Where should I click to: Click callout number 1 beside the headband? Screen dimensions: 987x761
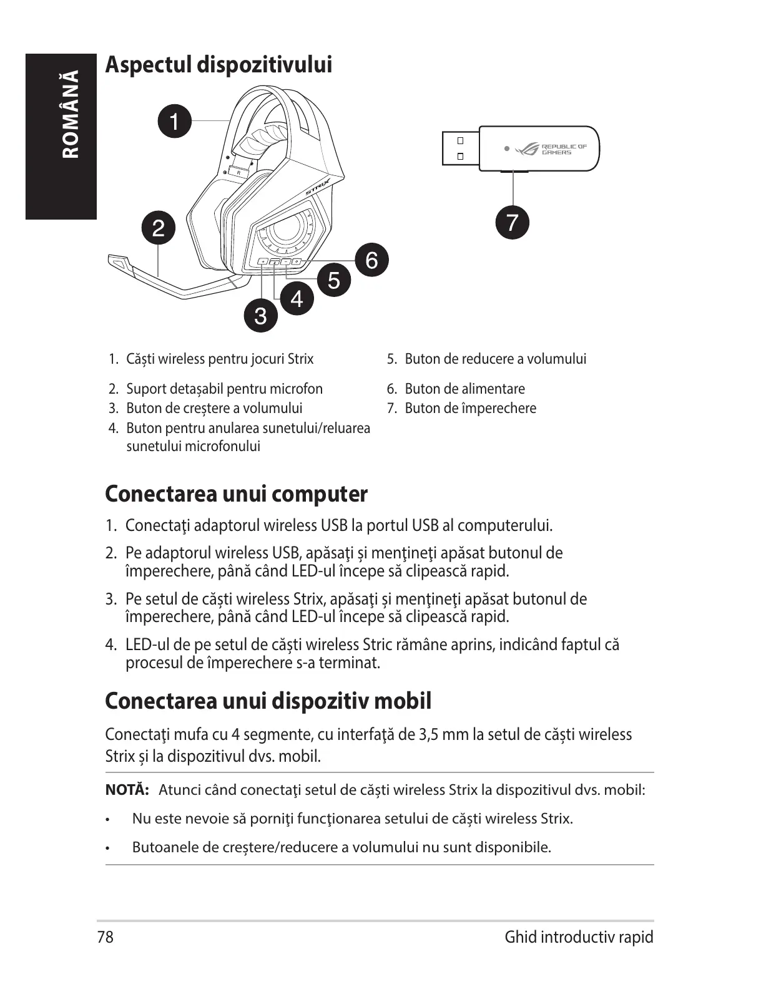click(x=175, y=121)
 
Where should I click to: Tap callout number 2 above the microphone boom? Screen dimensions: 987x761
click(x=159, y=228)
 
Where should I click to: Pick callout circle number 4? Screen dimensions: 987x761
click(x=297, y=298)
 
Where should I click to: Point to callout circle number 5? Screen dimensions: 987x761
click(x=334, y=280)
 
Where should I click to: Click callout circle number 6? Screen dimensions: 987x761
click(x=371, y=260)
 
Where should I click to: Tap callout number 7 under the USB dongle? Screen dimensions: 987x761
click(x=512, y=222)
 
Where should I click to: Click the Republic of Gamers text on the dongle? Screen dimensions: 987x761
click(x=564, y=149)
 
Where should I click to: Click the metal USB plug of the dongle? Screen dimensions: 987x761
click(x=460, y=148)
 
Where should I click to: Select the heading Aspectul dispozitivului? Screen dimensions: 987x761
click(x=218, y=64)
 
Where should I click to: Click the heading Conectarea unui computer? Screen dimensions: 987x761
click(x=236, y=493)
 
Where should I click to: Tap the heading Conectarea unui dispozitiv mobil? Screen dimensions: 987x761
click(x=268, y=701)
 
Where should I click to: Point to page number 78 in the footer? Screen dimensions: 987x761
click(x=106, y=937)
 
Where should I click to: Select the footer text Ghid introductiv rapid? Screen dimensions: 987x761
click(x=579, y=937)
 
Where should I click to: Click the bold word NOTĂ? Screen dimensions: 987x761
click(x=127, y=790)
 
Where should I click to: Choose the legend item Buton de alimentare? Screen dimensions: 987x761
click(x=464, y=389)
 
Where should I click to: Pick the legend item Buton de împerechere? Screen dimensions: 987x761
click(x=470, y=408)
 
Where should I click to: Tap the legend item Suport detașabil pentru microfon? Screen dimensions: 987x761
click(x=224, y=389)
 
